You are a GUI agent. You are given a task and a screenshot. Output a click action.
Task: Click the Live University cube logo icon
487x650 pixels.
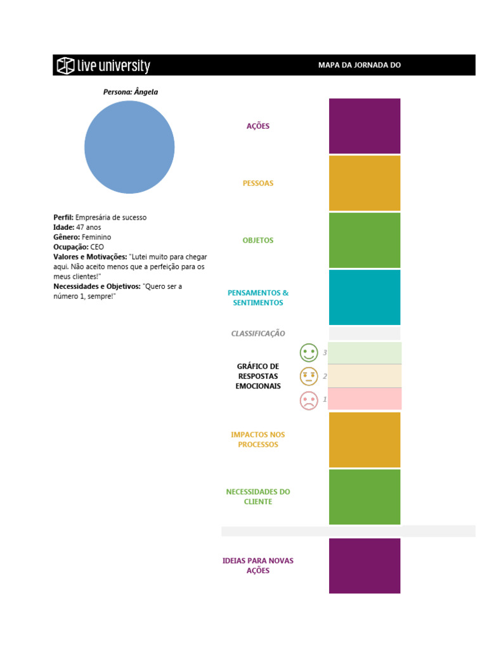tap(65, 65)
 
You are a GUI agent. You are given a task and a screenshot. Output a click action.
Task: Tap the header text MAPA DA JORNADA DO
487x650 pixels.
tap(360, 65)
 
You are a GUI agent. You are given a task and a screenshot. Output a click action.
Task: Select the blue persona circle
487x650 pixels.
tap(129, 147)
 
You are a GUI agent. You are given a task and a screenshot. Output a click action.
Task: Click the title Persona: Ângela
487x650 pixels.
tap(131, 92)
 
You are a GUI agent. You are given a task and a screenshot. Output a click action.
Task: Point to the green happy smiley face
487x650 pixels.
tap(309, 353)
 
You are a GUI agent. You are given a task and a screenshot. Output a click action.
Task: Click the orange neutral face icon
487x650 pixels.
tap(309, 376)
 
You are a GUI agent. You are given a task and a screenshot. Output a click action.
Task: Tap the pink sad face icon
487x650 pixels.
tap(309, 400)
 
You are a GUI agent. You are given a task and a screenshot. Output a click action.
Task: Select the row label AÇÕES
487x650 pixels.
tap(258, 126)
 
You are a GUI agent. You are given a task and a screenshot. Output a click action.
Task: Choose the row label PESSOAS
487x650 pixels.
tap(258, 183)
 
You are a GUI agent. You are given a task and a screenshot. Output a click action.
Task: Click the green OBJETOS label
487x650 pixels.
tap(258, 241)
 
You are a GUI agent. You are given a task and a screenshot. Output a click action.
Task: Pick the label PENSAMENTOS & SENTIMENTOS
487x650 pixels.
tap(258, 298)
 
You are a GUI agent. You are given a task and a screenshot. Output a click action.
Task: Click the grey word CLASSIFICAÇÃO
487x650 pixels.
tap(258, 333)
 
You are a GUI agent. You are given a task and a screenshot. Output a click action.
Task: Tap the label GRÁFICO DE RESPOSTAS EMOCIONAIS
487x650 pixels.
tap(258, 376)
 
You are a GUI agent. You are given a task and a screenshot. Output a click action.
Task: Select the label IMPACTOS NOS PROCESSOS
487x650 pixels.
tap(258, 440)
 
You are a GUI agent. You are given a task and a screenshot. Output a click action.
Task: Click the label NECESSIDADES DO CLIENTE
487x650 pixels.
tap(258, 497)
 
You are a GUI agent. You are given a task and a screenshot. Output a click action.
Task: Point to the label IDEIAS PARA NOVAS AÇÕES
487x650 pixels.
tap(258, 566)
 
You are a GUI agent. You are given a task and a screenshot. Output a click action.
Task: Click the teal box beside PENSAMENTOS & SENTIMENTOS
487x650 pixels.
tap(365, 298)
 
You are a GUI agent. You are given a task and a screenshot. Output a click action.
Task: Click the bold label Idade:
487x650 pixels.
tap(63, 227)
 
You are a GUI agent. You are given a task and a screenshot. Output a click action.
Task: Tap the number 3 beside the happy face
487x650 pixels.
tap(325, 353)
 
